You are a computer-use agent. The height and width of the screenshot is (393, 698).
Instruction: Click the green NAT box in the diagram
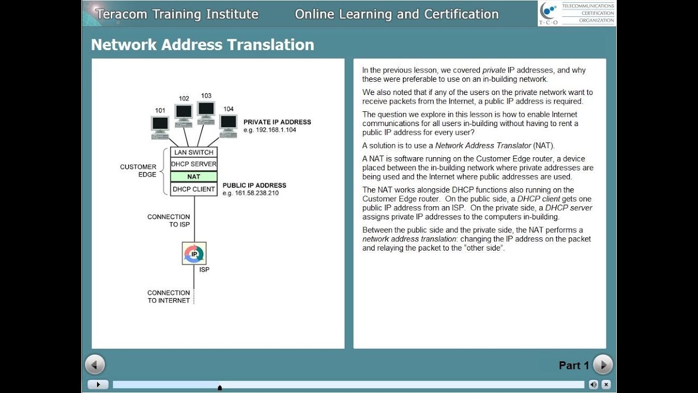click(x=194, y=177)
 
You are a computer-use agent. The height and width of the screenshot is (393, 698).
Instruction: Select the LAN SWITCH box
click(x=194, y=152)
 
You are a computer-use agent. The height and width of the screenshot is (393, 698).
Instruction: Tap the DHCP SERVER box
click(x=194, y=164)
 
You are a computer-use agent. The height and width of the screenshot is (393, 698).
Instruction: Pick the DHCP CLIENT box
click(x=194, y=189)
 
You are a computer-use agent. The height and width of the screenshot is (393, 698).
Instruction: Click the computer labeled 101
click(x=160, y=125)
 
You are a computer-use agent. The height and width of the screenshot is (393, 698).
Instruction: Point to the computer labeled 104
click(x=228, y=123)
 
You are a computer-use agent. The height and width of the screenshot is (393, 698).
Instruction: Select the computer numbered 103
click(x=206, y=110)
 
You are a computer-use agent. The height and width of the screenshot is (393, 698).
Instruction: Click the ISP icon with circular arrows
click(x=194, y=253)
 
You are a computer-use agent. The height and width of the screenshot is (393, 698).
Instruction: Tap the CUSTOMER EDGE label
click(x=138, y=171)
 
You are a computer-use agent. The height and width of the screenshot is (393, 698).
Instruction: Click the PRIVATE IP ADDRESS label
click(x=277, y=122)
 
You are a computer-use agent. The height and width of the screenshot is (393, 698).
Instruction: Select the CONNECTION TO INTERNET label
click(x=169, y=296)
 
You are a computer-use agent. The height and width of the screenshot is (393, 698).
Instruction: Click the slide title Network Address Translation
click(x=202, y=45)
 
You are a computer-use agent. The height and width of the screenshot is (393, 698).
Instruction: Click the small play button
click(x=98, y=384)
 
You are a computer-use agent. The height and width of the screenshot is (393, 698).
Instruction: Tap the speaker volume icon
click(x=594, y=384)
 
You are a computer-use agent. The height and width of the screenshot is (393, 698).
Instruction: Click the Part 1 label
click(x=574, y=365)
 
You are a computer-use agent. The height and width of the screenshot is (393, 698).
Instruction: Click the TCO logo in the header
click(x=549, y=14)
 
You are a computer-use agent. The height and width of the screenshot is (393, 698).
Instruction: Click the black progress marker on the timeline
click(x=220, y=388)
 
